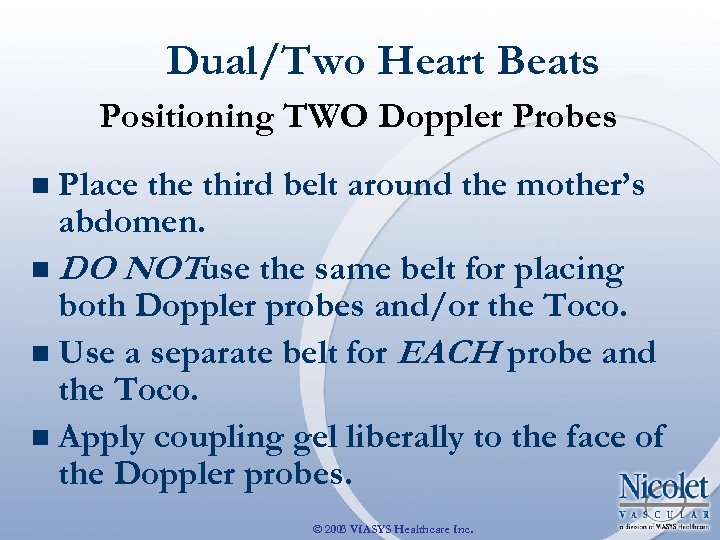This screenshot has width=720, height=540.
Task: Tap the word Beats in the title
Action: [x=548, y=62]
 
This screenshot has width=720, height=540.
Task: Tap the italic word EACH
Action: [x=462, y=353]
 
